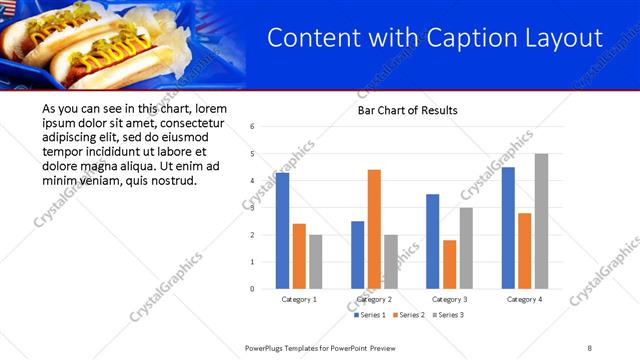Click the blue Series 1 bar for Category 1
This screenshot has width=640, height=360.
coord(282,231)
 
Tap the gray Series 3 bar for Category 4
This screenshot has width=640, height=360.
coord(541,221)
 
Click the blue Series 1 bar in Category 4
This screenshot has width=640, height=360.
coord(508,228)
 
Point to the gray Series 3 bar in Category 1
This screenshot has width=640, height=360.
coord(315,262)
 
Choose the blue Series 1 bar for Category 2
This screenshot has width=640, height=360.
coord(357,255)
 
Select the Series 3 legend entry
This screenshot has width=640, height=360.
coord(448,315)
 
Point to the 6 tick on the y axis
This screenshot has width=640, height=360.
coord(253,127)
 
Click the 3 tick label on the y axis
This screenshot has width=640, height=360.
coord(253,208)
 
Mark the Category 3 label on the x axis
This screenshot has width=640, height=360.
coord(449,299)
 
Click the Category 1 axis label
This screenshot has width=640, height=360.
coord(299,299)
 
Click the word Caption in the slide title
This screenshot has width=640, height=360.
coord(465,39)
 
